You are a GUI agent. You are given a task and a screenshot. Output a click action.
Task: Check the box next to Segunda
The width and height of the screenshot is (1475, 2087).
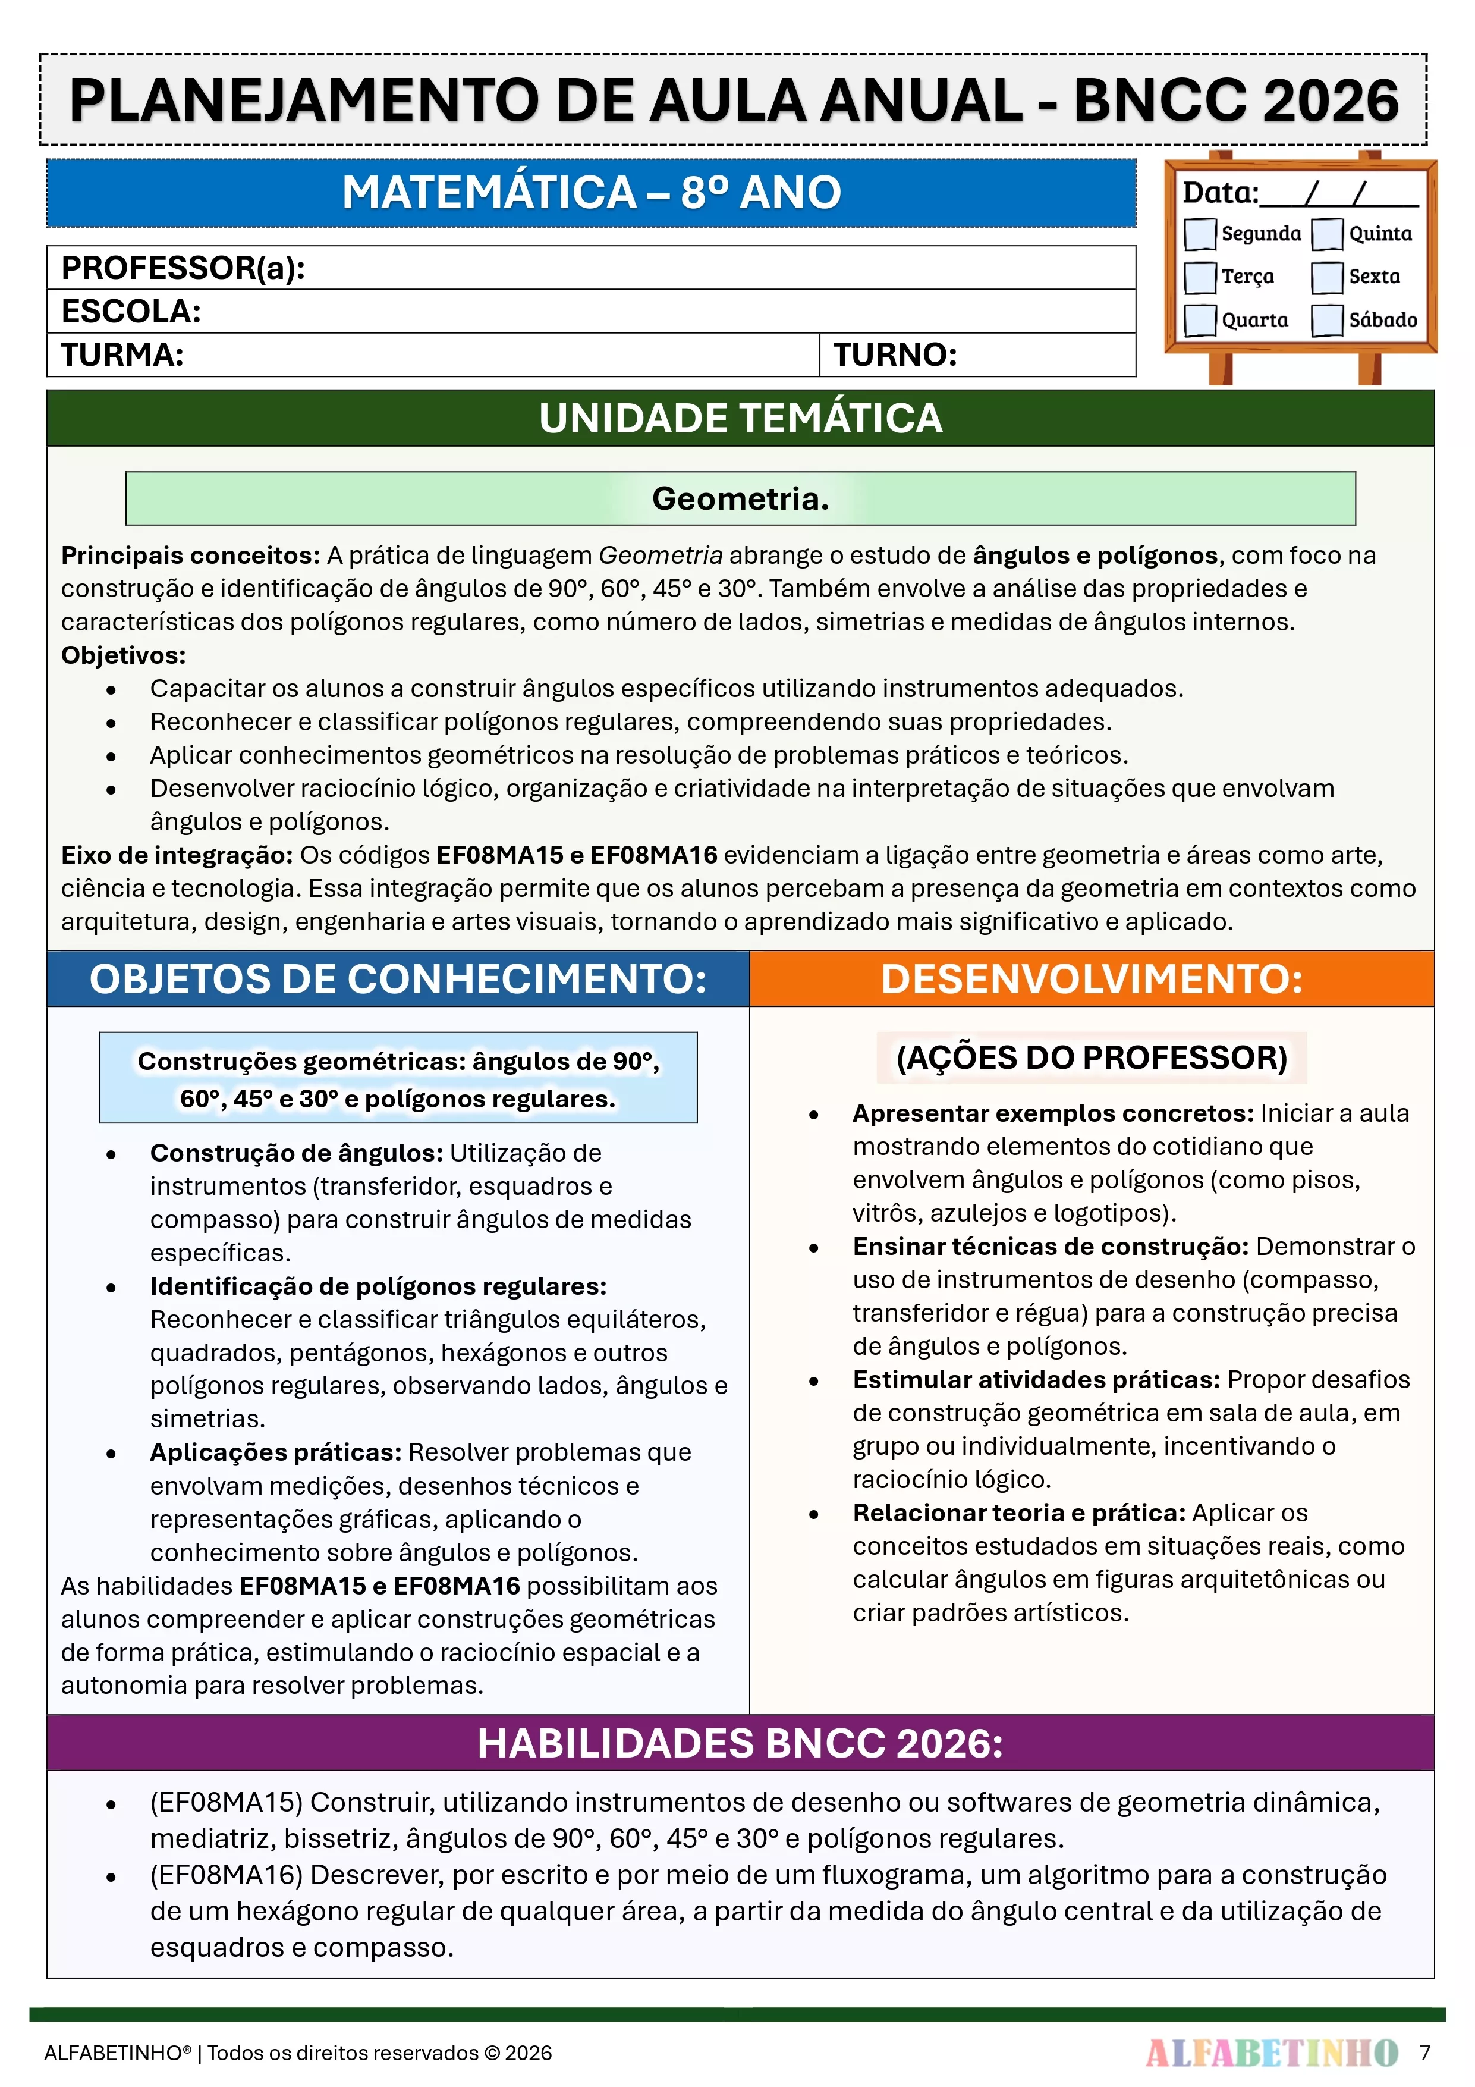pos(1200,234)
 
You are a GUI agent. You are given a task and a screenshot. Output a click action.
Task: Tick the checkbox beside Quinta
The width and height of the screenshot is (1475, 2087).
pos(1327,234)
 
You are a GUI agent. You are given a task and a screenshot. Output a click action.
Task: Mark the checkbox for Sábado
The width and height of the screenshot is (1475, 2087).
pos(1327,320)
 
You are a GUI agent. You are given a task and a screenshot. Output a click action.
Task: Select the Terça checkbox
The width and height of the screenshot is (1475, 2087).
pos(1200,277)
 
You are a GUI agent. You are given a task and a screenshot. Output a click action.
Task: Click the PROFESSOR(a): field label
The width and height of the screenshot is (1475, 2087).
pos(183,268)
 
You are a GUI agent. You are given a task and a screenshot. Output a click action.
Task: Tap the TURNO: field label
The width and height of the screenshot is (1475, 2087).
pos(895,354)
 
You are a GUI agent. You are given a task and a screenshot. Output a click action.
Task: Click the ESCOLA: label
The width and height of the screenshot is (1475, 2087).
pos(131,312)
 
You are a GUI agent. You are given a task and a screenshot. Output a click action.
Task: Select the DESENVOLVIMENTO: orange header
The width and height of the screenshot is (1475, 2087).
pos(1092,979)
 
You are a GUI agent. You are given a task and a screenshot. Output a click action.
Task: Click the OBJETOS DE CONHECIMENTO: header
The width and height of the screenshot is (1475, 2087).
pos(398,979)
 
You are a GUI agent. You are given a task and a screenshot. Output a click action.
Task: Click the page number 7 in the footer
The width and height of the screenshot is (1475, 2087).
pos(1425,2053)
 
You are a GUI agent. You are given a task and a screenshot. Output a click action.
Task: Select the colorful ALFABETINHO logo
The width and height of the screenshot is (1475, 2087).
pos(1272,2053)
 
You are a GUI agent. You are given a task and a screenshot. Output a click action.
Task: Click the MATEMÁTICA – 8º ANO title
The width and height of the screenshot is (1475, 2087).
pos(591,193)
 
